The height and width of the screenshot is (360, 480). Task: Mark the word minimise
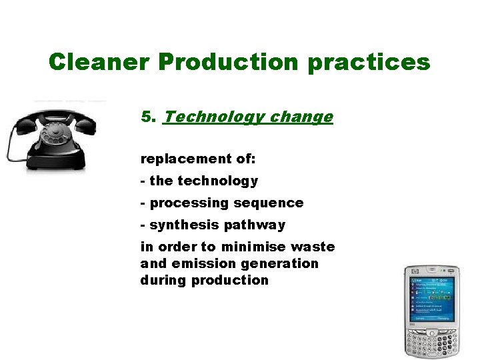(x=256, y=247)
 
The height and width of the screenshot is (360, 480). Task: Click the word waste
(x=314, y=247)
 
